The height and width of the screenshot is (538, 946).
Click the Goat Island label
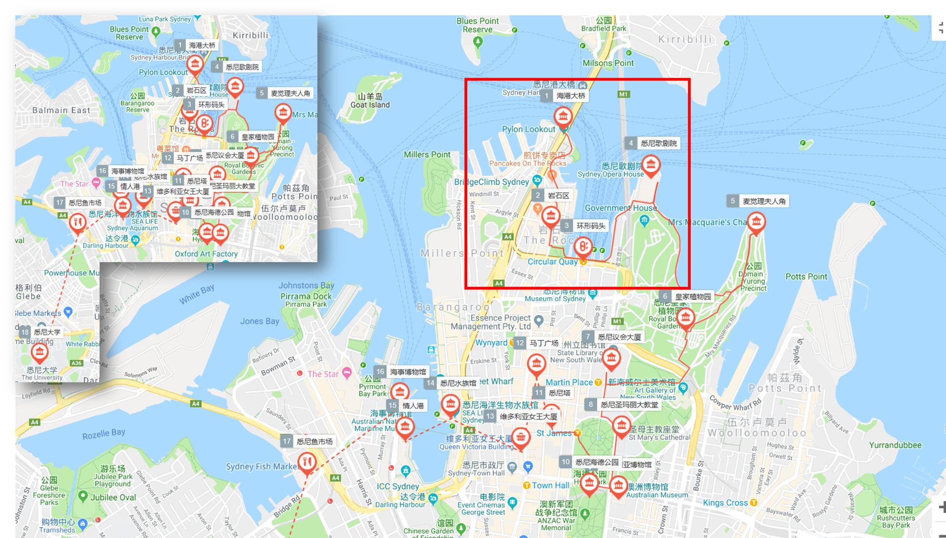[370, 105]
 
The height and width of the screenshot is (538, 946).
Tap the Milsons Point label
[608, 63]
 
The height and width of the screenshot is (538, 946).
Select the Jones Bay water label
[259, 321]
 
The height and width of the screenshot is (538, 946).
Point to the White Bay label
[197, 294]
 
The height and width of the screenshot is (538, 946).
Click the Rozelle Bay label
[103, 434]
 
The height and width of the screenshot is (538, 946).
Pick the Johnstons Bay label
[306, 285]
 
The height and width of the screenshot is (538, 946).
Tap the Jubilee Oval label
[113, 497]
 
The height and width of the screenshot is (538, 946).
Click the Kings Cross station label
[725, 503]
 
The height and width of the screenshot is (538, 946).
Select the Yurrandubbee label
[895, 445]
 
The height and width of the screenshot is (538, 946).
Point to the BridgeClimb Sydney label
[491, 182]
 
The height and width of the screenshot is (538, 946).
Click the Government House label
[621, 208]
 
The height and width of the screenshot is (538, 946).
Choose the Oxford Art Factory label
[206, 254]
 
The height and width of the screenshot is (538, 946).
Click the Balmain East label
[61, 110]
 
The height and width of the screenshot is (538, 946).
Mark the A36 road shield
[76, 363]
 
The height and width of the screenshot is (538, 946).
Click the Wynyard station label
[491, 343]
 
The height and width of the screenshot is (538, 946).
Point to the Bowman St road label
[278, 366]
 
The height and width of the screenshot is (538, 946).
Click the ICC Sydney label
[397, 486]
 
